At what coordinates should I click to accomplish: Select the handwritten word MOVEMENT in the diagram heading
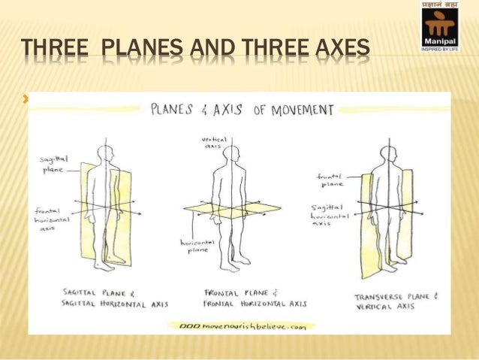(296, 110)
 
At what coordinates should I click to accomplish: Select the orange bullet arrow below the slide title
(28, 98)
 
